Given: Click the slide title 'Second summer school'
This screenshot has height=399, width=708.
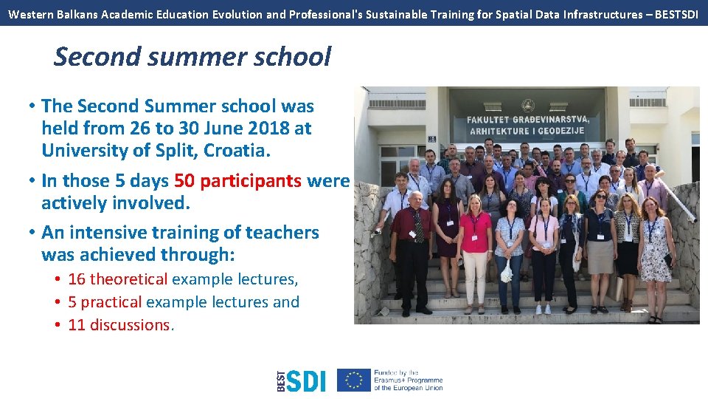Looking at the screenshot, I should [192, 57].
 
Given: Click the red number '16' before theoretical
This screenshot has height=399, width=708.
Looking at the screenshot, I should [77, 279].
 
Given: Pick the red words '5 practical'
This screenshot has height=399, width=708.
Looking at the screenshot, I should [105, 302].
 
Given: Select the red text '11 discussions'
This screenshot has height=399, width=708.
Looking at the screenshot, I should [119, 325].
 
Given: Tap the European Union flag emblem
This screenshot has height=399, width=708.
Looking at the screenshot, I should [354, 380].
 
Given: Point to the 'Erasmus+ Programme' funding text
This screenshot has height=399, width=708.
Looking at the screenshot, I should [408, 380].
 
